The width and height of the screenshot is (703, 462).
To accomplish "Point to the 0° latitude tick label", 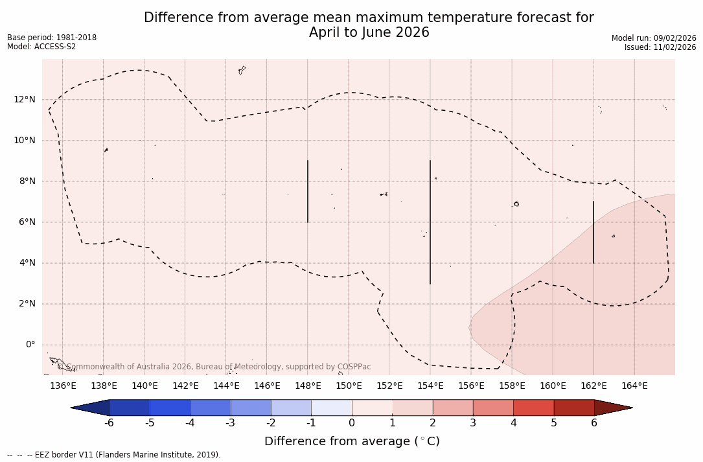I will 30,345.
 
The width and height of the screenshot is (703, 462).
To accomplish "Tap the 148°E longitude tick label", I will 308,386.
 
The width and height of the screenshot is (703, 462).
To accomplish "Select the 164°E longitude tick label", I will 634,386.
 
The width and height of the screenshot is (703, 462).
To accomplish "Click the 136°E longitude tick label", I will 63,386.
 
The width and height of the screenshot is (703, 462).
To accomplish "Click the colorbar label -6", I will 109,423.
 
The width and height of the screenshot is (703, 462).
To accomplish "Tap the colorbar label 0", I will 352,423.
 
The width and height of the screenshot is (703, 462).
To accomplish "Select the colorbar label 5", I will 554,423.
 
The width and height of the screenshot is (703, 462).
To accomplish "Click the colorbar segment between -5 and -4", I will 170,408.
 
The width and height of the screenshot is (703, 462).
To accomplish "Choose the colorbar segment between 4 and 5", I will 533,408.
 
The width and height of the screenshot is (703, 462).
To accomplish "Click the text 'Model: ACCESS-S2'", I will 41,47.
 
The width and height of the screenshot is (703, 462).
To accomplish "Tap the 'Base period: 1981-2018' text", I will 52,38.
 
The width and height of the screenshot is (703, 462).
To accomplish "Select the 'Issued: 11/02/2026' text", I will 660,47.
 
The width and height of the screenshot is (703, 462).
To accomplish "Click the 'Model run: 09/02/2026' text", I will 654,38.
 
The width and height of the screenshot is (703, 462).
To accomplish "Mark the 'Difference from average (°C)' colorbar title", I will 352,441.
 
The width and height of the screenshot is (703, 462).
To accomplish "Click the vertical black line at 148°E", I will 308,191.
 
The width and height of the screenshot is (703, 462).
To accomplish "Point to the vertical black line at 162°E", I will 594,232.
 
